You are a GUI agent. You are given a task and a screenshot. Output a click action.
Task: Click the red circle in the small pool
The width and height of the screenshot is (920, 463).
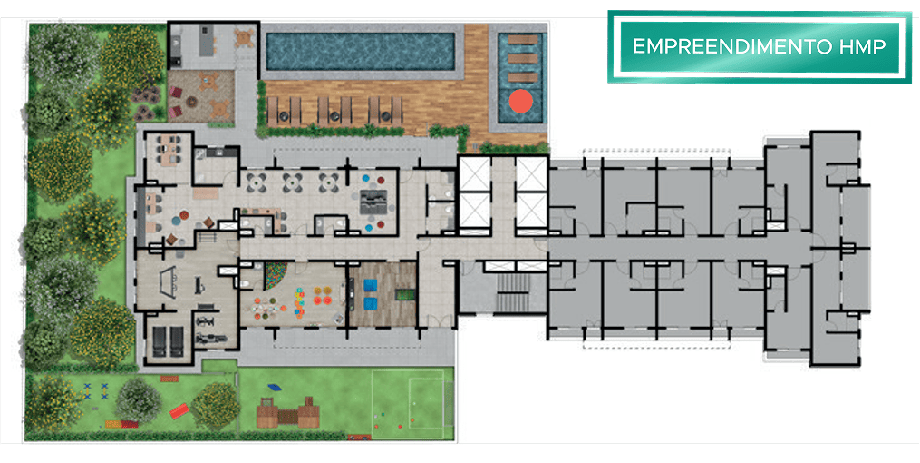tap(520, 101)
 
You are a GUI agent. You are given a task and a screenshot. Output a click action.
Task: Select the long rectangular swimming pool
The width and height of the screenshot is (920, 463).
tap(360, 51)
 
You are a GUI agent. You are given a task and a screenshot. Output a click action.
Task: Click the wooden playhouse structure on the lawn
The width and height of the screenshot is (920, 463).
tap(287, 413)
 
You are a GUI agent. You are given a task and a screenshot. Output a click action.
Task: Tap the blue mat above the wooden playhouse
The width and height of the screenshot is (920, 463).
tap(274, 388)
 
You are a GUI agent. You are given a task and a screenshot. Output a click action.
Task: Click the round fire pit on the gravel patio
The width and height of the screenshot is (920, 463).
tap(192, 102)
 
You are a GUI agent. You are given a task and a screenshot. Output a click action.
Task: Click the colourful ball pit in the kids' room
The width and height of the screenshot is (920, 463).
tap(276, 275)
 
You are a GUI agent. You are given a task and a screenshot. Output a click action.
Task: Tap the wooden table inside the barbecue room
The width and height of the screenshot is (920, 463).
tap(244, 37)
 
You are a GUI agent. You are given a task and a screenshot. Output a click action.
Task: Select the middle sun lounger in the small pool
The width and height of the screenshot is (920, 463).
tap(523, 59)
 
